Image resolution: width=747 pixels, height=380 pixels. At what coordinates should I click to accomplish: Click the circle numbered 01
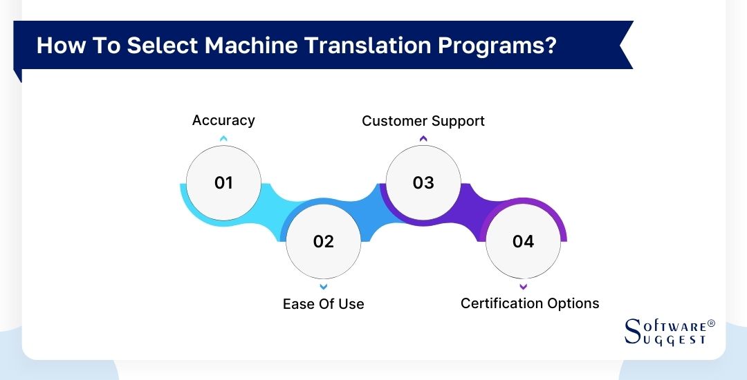click(223, 183)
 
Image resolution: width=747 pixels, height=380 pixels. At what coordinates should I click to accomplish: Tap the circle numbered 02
click(323, 241)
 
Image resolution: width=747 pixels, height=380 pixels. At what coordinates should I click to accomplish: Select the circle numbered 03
click(423, 183)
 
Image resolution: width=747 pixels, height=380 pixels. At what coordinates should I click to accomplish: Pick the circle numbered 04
click(523, 241)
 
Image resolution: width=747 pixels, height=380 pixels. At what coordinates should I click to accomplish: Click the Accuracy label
click(223, 120)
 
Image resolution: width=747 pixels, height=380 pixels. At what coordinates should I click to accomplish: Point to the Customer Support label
click(423, 121)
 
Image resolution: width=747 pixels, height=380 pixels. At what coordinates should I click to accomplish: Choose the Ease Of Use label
click(323, 304)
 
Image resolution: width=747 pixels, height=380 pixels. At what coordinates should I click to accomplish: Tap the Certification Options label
click(530, 303)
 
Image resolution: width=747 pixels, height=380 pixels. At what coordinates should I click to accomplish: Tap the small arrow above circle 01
click(223, 139)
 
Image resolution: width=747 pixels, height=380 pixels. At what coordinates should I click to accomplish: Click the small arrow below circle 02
click(323, 286)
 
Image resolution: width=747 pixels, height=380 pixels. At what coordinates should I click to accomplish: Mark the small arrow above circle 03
click(423, 139)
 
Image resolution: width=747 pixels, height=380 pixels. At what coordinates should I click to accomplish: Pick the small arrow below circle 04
click(523, 286)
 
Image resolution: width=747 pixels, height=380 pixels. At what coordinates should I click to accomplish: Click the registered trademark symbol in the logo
click(711, 323)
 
